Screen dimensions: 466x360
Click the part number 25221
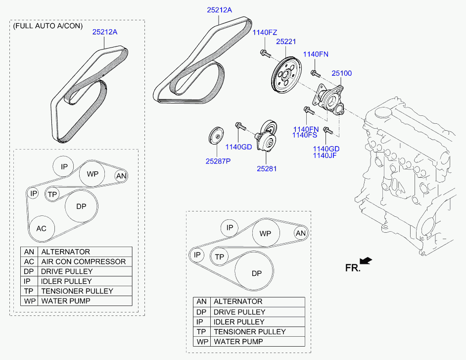pos(286,42)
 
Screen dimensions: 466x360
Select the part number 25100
pos(341,73)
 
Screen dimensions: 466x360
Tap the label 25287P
pos(218,161)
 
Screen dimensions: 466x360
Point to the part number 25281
pos(267,169)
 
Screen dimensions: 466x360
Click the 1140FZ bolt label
pos(265,32)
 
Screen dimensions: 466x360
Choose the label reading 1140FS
pos(305,135)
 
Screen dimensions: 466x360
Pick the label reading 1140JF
pos(325,155)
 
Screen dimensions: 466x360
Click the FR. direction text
pos(353,268)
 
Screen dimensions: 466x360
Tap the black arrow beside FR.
pos(366,260)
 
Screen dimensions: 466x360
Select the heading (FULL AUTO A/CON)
pos(48,26)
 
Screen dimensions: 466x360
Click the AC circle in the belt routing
pos(42,228)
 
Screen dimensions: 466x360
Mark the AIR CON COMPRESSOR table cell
pos(84,261)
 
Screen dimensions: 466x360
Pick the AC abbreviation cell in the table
pos(29,261)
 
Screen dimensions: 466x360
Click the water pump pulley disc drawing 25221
pos(286,76)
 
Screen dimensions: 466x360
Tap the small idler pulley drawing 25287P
pos(216,137)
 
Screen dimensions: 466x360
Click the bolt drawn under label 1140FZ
pos(265,53)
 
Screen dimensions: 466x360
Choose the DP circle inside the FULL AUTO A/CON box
pos(82,206)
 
